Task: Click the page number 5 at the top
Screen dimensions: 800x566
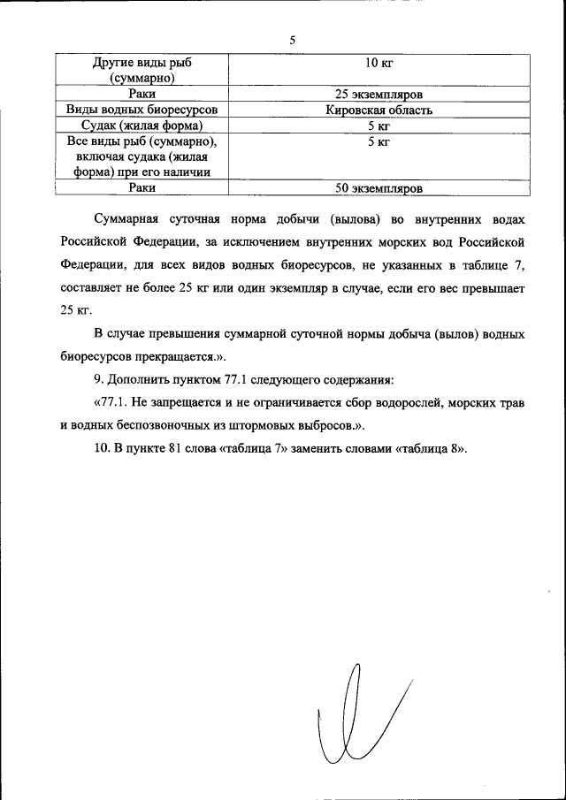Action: (292, 39)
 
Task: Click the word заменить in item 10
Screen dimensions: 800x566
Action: (318, 448)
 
